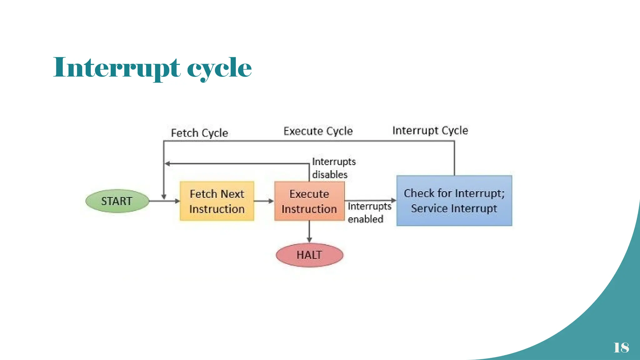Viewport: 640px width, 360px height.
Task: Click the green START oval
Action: (117, 201)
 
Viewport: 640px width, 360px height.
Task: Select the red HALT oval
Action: (309, 255)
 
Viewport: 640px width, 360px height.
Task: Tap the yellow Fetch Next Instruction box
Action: (217, 201)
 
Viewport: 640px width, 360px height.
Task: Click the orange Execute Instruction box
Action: (309, 201)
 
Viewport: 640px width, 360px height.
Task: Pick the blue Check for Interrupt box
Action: (454, 201)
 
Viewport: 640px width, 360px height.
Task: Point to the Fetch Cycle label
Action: (199, 133)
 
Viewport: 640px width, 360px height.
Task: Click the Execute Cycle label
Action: (318, 131)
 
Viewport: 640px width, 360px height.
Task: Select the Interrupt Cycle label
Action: (430, 130)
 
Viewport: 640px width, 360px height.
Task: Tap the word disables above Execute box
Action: (330, 174)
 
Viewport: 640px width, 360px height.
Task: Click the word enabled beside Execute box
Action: (365, 219)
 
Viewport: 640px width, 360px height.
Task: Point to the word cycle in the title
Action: (219, 68)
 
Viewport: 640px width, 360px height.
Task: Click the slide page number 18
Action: (621, 347)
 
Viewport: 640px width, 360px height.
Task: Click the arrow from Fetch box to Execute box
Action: (264, 201)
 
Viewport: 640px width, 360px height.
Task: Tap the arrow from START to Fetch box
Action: (164, 201)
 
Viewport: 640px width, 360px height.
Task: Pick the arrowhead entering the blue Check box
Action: (393, 200)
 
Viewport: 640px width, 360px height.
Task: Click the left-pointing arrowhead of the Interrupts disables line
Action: (167, 163)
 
